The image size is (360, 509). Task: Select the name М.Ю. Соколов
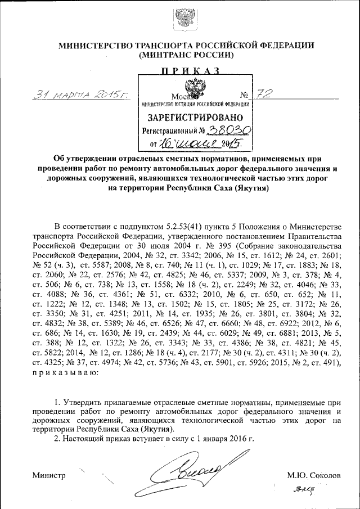[x=313, y=475]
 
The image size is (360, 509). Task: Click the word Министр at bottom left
[x=49, y=475]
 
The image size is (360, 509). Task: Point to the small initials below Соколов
[x=305, y=492]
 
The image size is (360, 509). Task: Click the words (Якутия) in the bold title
[x=248, y=188]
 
